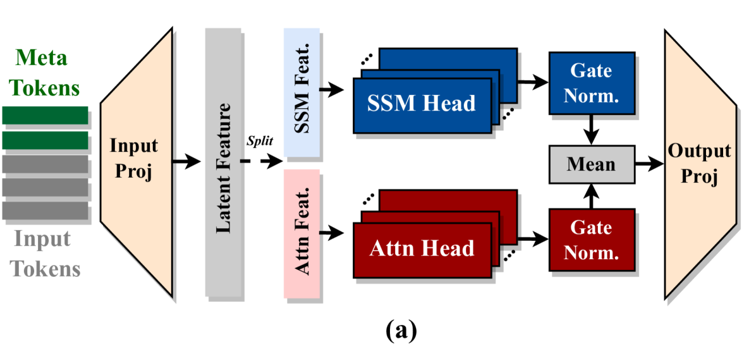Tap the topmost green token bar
pyautogui.click(x=45, y=115)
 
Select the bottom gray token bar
pyautogui.click(x=45, y=210)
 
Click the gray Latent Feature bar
pyautogui.click(x=224, y=162)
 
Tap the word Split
pyautogui.click(x=260, y=140)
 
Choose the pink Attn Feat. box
pyautogui.click(x=302, y=233)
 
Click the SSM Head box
pyautogui.click(x=422, y=102)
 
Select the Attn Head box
pyautogui.click(x=422, y=248)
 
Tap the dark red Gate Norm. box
pyautogui.click(x=591, y=240)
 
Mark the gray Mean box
pyautogui.click(x=591, y=164)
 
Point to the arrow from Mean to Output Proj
pyautogui.click(x=648, y=164)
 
